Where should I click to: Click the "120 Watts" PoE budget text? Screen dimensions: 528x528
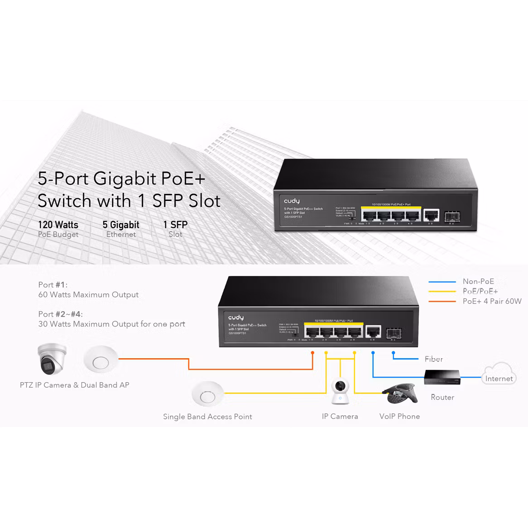click(x=58, y=225)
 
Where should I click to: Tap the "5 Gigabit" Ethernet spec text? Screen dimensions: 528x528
click(x=121, y=225)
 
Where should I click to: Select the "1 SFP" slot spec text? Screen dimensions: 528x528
click(x=175, y=225)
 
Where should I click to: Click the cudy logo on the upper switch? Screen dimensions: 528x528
click(x=292, y=201)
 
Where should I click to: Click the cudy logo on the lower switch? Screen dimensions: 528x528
click(x=235, y=318)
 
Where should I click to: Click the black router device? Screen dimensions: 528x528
click(x=442, y=377)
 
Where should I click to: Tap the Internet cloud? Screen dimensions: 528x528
click(x=499, y=374)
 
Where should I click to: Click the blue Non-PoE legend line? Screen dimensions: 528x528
click(x=442, y=282)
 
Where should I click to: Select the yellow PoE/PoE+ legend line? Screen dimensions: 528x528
click(x=442, y=292)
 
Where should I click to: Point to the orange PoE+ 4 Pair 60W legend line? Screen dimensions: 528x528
click(x=442, y=301)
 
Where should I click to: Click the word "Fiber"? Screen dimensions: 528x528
click(x=434, y=359)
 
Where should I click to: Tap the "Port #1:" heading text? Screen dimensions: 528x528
click(x=53, y=285)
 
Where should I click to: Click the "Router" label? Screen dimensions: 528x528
click(x=442, y=397)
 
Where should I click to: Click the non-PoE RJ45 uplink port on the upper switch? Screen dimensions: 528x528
click(x=430, y=215)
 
